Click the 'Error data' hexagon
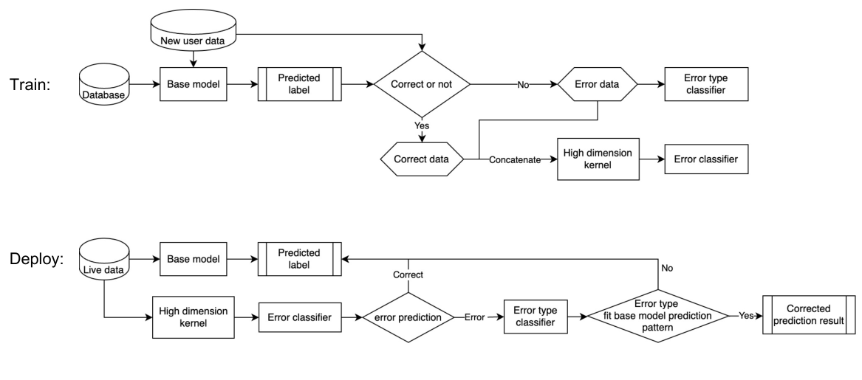[596, 86]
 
